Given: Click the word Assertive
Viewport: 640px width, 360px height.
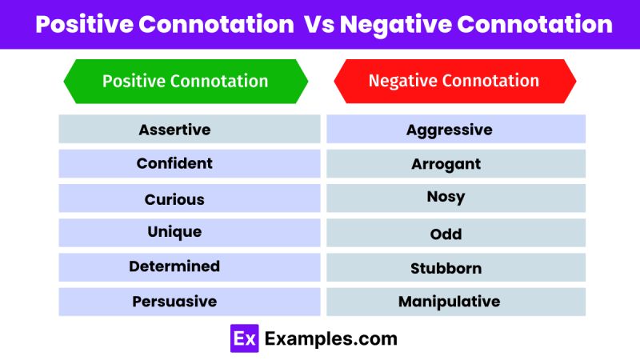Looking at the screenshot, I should (x=174, y=129).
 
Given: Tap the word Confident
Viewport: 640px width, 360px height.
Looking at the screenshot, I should (x=174, y=163).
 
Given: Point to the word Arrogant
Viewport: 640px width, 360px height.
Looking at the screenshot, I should (x=446, y=164).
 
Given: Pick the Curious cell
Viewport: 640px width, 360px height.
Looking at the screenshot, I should (x=174, y=199).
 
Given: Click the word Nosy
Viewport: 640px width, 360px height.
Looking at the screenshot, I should (x=446, y=197).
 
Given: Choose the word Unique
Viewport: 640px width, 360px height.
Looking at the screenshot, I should (x=174, y=232).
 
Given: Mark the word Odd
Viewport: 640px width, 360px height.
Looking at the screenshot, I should (x=446, y=234).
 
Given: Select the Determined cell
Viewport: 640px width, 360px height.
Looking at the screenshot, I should (x=174, y=266).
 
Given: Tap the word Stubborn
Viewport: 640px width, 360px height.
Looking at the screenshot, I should (x=446, y=268).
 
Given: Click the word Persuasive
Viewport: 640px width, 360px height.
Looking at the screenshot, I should (x=174, y=302).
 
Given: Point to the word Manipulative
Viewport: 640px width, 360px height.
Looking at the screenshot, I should (x=449, y=302).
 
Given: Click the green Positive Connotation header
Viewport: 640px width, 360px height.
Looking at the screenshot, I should (x=186, y=81).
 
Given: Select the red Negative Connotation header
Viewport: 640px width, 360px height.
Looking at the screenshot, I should (x=454, y=81).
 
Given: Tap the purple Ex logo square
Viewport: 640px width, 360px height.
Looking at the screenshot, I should (x=244, y=338).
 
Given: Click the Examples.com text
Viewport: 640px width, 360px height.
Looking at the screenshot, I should (x=330, y=338).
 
